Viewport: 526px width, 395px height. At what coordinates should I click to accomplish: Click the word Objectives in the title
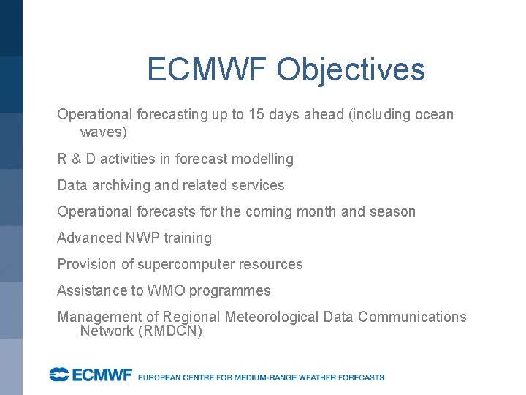[351, 70]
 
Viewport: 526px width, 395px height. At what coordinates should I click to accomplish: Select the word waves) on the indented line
[103, 132]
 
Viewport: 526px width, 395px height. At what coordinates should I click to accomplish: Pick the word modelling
[263, 159]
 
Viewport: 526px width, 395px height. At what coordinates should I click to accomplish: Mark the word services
[257, 185]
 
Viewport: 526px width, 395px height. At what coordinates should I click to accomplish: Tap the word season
[392, 211]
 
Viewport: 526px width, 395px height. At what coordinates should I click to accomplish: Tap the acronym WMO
[167, 290]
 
